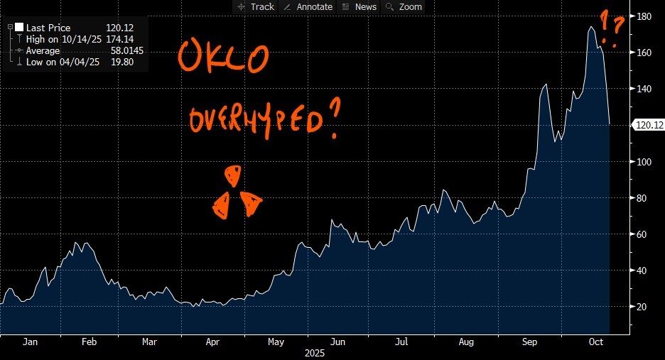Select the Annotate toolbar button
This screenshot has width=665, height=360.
(x=308, y=6)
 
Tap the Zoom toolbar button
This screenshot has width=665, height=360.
(x=404, y=6)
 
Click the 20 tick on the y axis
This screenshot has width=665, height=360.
(x=643, y=307)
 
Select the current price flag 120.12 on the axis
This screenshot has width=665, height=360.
(x=648, y=125)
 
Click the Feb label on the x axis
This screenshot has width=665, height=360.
(x=89, y=342)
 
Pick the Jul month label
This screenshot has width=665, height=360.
(x=401, y=342)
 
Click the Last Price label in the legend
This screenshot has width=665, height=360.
(x=48, y=28)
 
